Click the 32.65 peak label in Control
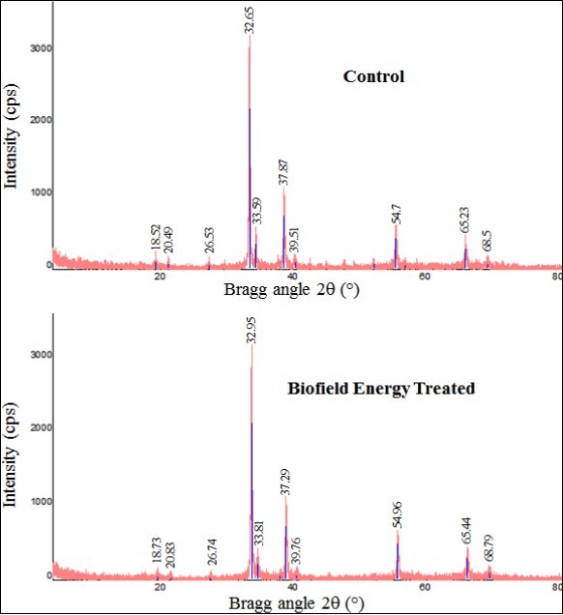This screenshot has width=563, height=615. [250, 18]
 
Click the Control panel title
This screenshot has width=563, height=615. [373, 76]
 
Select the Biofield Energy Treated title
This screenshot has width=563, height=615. [381, 390]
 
